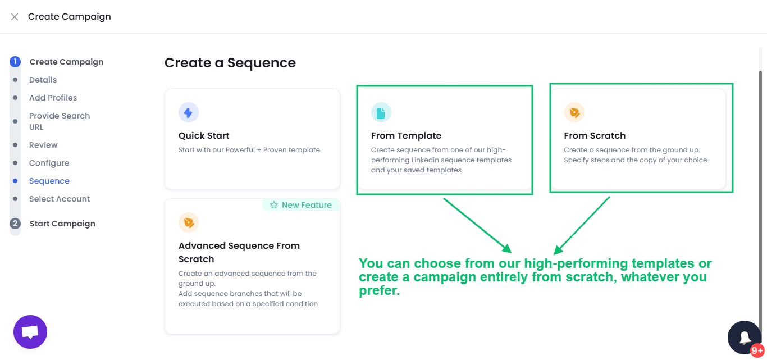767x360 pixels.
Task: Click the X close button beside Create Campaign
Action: [15, 17]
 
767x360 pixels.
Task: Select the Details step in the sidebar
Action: [43, 80]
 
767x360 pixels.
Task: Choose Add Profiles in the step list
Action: [53, 98]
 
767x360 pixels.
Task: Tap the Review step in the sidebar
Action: [43, 145]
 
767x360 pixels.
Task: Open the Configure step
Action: [49, 163]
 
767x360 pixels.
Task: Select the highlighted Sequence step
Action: [49, 181]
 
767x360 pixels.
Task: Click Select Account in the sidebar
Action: [60, 199]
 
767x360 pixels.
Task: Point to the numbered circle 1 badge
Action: [15, 62]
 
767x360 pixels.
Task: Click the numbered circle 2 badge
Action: [15, 224]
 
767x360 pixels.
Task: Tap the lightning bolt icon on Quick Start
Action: [188, 113]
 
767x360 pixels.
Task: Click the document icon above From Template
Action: [381, 113]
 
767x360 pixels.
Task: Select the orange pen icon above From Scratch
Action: [574, 113]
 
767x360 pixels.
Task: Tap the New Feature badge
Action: [301, 205]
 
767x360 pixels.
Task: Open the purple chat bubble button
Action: [30, 332]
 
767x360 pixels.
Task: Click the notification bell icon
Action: [745, 338]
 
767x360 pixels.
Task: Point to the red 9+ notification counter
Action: [757, 350]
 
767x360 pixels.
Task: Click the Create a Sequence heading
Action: [230, 63]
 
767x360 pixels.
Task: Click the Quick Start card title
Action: [204, 135]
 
